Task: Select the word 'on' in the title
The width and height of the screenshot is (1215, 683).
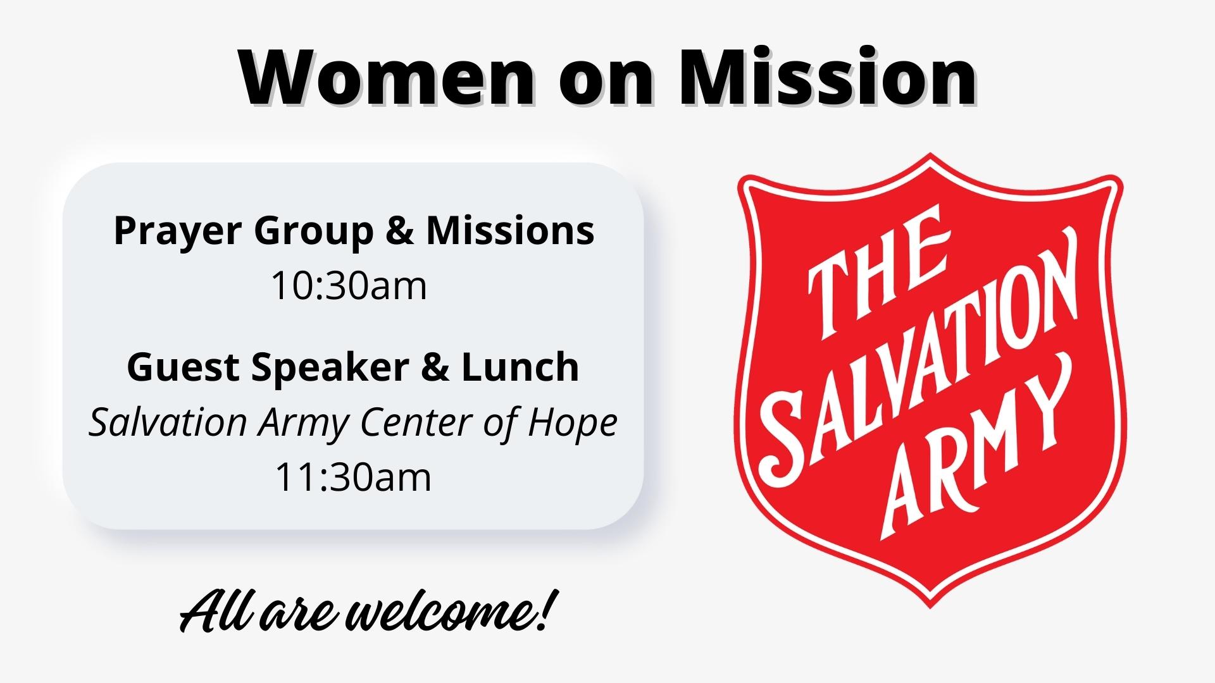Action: coord(607,82)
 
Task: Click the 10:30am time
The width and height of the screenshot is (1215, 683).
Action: coord(349,286)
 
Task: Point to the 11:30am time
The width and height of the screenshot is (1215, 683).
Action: coord(353,477)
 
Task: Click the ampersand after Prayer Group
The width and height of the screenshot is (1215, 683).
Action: coord(399,231)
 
